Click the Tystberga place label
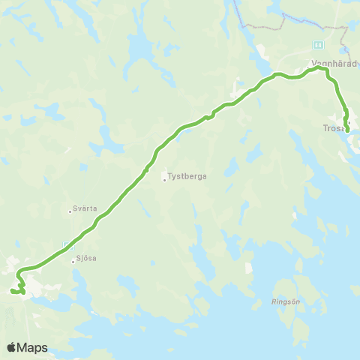pyautogui.click(x=187, y=178)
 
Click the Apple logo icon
pyautogui.click(x=11, y=347)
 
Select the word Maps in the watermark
pyautogui.click(x=33, y=347)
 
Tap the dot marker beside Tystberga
pyautogui.click(x=164, y=178)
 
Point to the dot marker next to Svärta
pyautogui.click(x=70, y=211)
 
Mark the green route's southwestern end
pyautogui.click(x=13, y=291)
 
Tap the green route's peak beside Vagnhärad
pyautogui.click(x=319, y=68)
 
